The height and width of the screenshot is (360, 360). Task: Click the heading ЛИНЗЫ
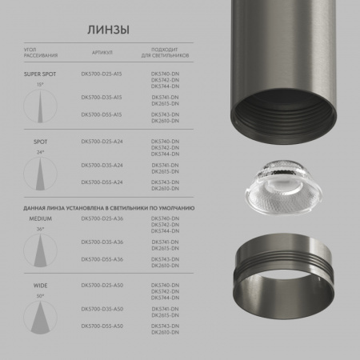coord(107,30)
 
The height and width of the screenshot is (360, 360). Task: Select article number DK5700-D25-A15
coord(102,74)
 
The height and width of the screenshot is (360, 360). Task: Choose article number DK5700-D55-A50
coord(102,326)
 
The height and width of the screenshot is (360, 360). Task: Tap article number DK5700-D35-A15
coord(102,96)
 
